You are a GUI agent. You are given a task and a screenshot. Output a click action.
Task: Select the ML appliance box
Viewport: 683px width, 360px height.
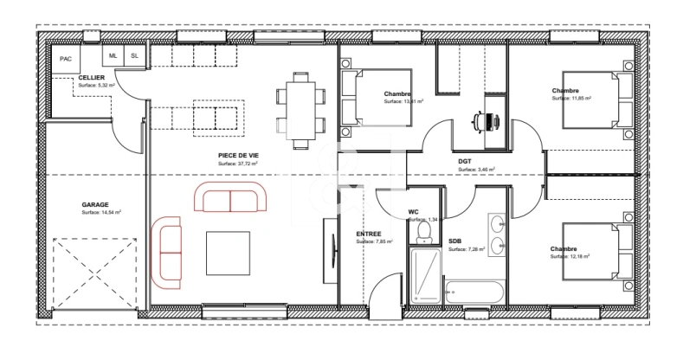point(113,55)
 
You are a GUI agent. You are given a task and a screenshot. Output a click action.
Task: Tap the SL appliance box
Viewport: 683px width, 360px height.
point(134,55)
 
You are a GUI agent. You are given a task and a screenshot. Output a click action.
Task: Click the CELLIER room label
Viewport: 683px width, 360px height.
point(92,78)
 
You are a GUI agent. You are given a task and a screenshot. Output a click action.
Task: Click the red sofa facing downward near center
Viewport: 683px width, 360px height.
point(230,198)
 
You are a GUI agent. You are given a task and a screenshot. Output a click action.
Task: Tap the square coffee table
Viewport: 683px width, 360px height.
point(228,252)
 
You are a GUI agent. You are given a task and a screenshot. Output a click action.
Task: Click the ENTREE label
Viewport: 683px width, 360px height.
point(369,234)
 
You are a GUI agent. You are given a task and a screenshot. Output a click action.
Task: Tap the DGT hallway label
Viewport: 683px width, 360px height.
point(466,162)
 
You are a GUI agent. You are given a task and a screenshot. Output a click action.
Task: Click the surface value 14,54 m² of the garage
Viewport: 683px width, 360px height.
point(101,213)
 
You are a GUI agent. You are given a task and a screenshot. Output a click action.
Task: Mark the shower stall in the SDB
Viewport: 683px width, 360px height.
point(424,273)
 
